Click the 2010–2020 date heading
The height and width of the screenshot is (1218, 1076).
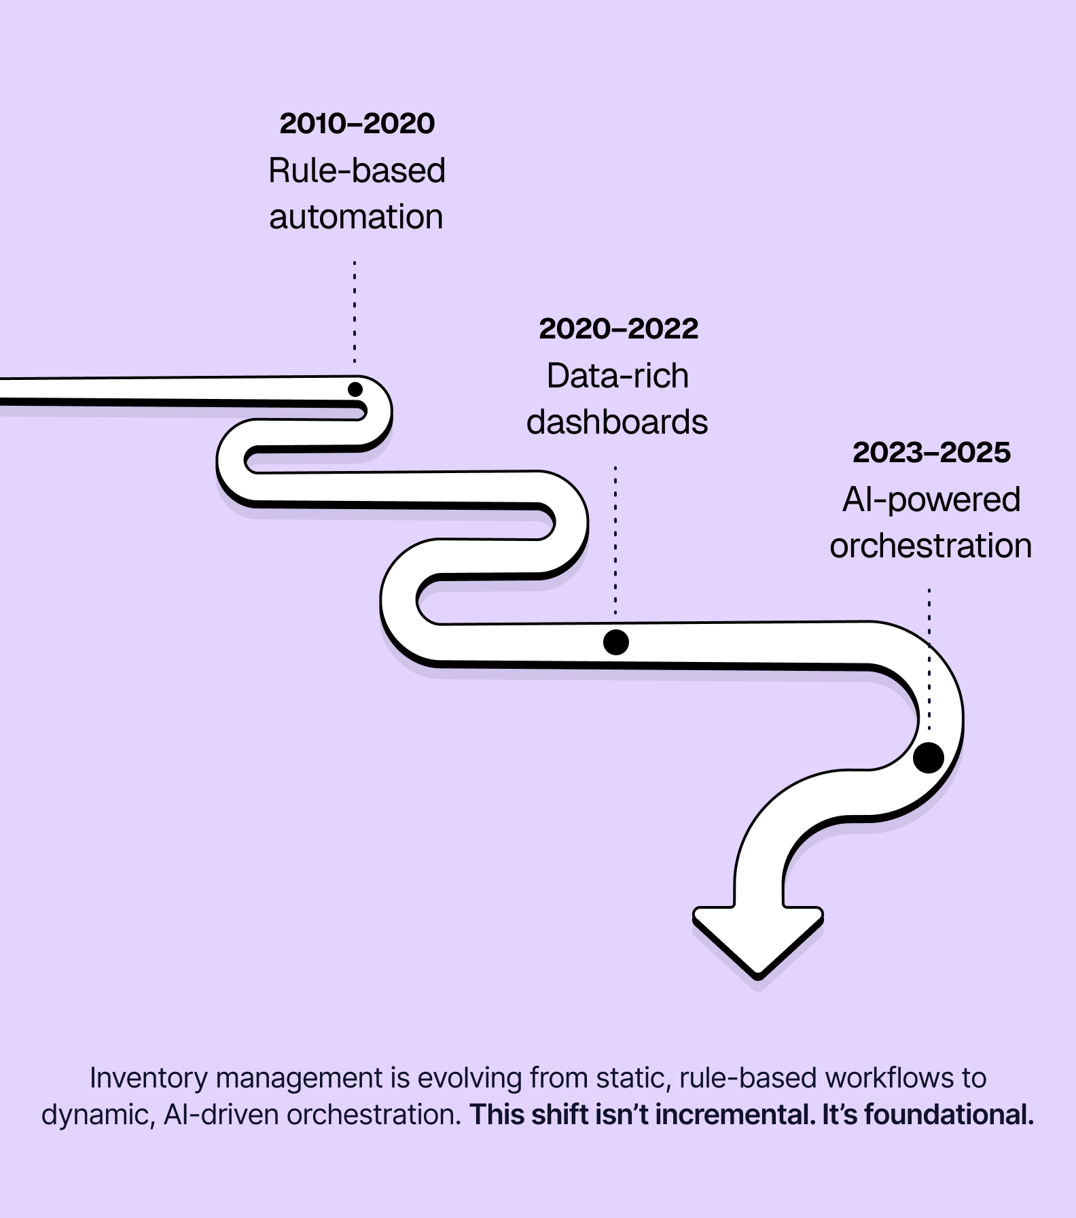[x=357, y=124]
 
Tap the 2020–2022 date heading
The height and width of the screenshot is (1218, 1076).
[x=618, y=329]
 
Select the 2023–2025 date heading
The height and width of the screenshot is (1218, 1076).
[x=931, y=453]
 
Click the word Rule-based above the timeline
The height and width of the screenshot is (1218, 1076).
[x=357, y=171]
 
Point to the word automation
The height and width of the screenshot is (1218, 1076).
[x=356, y=217]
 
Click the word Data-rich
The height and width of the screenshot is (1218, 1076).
[x=617, y=376]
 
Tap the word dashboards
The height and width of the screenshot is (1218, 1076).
[x=617, y=422]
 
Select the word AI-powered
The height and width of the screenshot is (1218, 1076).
[x=931, y=500]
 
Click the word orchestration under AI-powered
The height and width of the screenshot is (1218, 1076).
[x=931, y=546]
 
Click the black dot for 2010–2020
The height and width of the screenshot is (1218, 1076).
[x=355, y=389]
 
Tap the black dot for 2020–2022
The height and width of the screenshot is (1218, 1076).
[x=616, y=642]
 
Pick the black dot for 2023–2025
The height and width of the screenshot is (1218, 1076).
[x=929, y=757]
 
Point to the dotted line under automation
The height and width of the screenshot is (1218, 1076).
[x=355, y=313]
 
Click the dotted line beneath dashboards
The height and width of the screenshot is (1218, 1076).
[x=615, y=540]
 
